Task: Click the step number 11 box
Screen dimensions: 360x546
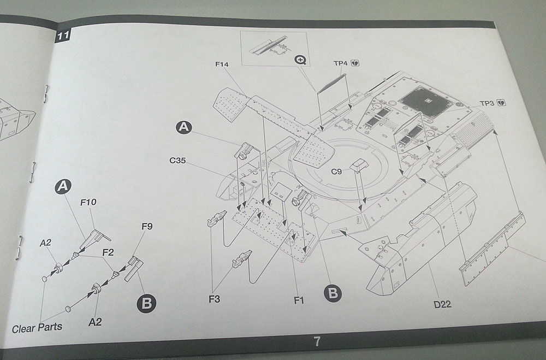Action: [x=62, y=37]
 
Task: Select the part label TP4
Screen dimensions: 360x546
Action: [x=341, y=63]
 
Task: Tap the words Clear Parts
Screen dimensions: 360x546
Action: [x=37, y=327]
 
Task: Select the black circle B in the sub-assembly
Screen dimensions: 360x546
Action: [x=146, y=303]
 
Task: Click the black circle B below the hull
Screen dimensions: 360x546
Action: [x=333, y=293]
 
